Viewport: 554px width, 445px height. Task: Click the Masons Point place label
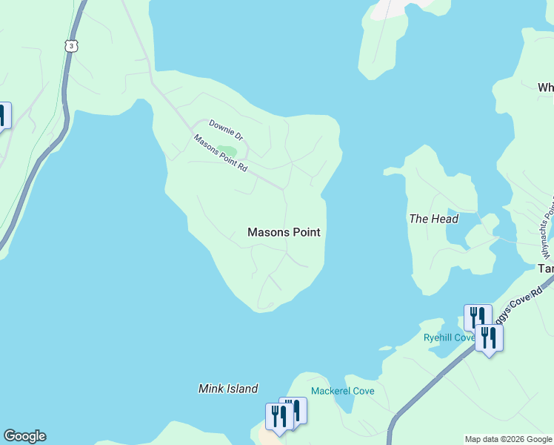284,232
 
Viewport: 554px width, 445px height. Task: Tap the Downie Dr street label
226,130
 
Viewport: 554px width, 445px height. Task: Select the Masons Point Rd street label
220,153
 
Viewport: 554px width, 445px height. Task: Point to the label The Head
433,219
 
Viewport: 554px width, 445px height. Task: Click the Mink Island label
228,389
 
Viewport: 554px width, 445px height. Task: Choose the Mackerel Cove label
342,391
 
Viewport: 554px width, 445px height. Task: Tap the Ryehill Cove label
448,337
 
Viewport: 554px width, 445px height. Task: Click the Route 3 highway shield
71,46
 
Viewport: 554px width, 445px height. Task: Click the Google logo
24,436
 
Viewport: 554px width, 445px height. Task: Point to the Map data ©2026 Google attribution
507,439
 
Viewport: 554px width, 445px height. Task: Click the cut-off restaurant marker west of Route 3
2,116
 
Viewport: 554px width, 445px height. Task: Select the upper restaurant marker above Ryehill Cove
477,317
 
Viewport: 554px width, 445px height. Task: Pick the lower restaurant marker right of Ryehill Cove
489,338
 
